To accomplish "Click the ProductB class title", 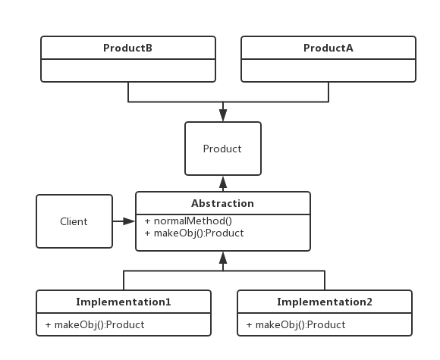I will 127,49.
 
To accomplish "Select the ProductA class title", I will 328,49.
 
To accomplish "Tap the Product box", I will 222,149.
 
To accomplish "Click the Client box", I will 74,221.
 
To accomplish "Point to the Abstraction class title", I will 222,203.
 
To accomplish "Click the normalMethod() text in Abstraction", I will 193,221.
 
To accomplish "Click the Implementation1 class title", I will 124,302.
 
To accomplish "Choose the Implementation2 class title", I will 325,302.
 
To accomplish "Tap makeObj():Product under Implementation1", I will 95,324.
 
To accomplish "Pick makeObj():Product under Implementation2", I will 296,324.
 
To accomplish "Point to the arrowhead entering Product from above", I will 222,116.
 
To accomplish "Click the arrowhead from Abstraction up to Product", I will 222,181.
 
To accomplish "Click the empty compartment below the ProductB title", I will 127,70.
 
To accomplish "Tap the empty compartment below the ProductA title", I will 328,70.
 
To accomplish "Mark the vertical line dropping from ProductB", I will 127,91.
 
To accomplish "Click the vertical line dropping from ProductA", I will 328,91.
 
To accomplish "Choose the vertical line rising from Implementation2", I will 325,280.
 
